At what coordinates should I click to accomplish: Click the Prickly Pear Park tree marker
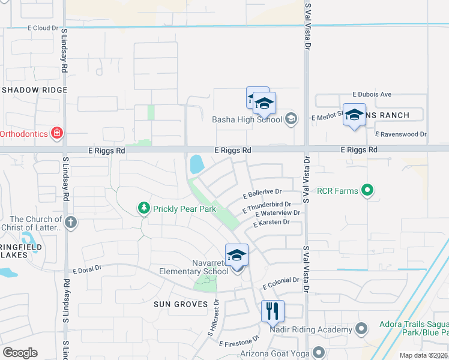143,208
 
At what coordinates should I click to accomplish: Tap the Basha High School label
247,119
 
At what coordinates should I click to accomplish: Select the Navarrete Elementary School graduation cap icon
237,256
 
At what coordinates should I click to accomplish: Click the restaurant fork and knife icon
272,311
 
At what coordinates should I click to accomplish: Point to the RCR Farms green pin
368,191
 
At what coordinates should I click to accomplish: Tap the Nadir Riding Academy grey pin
361,329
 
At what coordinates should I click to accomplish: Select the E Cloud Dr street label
43,28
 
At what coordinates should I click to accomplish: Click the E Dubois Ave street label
372,94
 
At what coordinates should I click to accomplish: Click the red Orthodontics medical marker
57,133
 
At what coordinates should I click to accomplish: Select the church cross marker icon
71,223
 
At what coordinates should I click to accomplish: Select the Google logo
20,353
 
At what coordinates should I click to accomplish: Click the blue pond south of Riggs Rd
196,164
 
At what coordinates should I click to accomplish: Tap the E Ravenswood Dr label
400,135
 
